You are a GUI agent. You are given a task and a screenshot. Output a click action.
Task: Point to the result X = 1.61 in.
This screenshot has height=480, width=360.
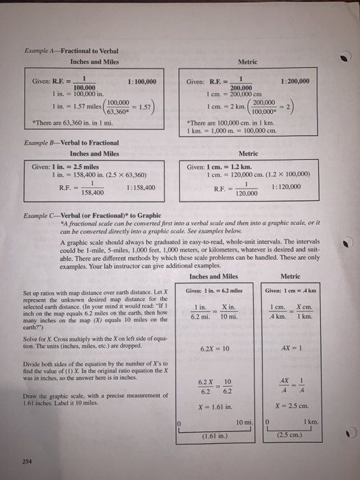pos(214,387)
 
